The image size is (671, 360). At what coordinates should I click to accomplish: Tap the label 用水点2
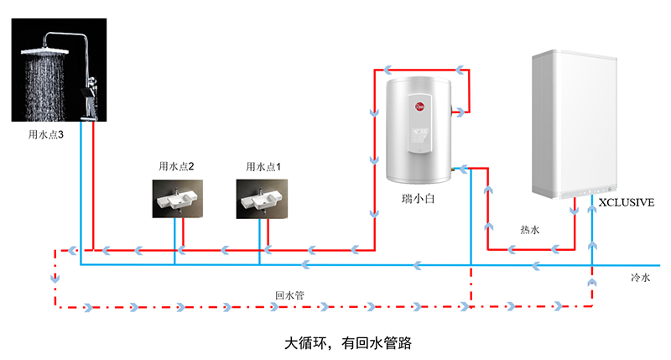(176, 167)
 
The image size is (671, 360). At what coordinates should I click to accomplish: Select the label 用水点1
(263, 167)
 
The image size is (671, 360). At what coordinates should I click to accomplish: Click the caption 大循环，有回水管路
(335, 343)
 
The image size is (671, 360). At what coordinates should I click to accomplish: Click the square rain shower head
(41, 51)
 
